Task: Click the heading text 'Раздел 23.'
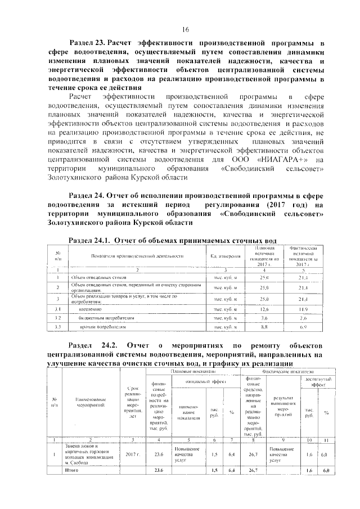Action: tap(87, 42)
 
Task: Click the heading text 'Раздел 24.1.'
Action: tap(90, 240)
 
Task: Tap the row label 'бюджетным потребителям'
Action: tap(105, 318)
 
